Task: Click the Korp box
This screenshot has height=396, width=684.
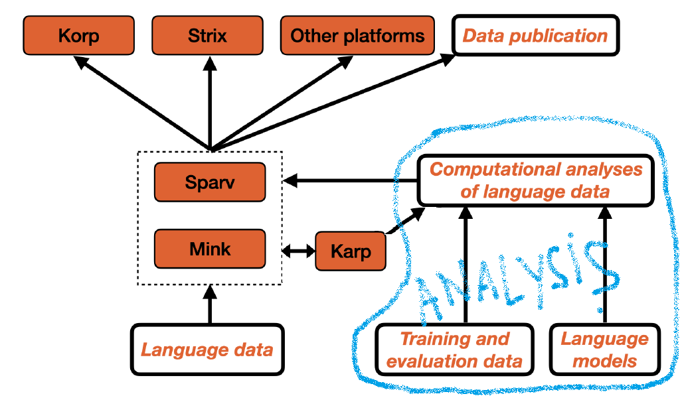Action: (78, 35)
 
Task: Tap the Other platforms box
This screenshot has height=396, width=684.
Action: (357, 35)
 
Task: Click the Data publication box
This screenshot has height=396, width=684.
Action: (535, 35)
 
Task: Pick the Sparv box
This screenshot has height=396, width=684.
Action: (209, 182)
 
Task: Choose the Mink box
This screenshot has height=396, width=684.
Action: (209, 249)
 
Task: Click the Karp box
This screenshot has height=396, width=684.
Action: (351, 251)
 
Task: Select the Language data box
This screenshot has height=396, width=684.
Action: (207, 349)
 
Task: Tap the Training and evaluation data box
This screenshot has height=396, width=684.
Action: (455, 350)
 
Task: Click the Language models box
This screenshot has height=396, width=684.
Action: (604, 350)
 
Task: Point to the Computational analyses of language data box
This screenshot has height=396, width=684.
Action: (536, 181)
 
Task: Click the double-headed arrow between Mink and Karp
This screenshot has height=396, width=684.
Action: (298, 251)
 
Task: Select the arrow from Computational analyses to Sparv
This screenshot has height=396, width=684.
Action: (349, 180)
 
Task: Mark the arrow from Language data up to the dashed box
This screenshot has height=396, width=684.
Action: (210, 304)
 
